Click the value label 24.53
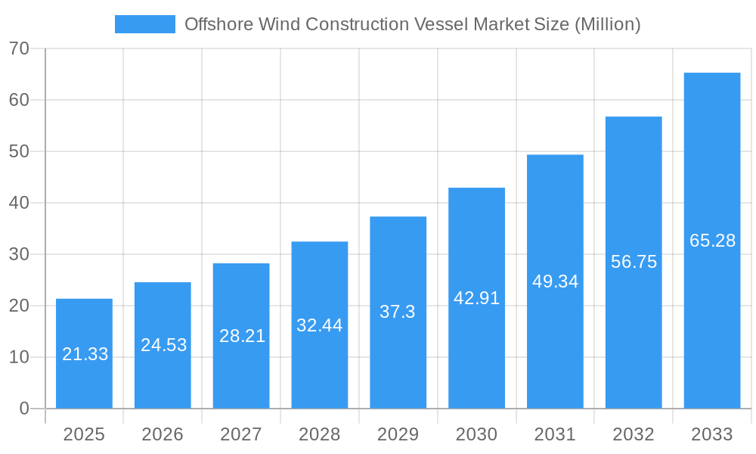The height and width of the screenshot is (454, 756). pyautogui.click(x=163, y=345)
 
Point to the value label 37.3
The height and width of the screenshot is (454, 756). pyautogui.click(x=398, y=312)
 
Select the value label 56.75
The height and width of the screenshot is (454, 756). pyautogui.click(x=634, y=262)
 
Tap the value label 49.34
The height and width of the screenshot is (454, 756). pyautogui.click(x=555, y=281)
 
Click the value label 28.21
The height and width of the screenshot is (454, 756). pyautogui.click(x=242, y=336)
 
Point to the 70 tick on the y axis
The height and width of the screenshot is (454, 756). pyautogui.click(x=19, y=48)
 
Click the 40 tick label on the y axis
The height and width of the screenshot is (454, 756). pyautogui.click(x=19, y=203)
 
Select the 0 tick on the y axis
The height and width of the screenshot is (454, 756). pyautogui.click(x=23, y=409)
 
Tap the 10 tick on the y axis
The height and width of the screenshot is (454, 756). pyautogui.click(x=19, y=357)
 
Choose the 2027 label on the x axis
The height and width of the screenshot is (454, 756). pyautogui.click(x=241, y=434)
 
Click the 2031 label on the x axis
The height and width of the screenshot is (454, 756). pyautogui.click(x=555, y=434)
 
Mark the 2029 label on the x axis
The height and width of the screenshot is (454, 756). pyautogui.click(x=398, y=434)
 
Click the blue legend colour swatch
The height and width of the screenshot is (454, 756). pyautogui.click(x=144, y=24)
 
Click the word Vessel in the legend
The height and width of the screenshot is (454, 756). pyautogui.click(x=442, y=24)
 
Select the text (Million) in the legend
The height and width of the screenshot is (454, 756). pyautogui.click(x=607, y=24)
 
